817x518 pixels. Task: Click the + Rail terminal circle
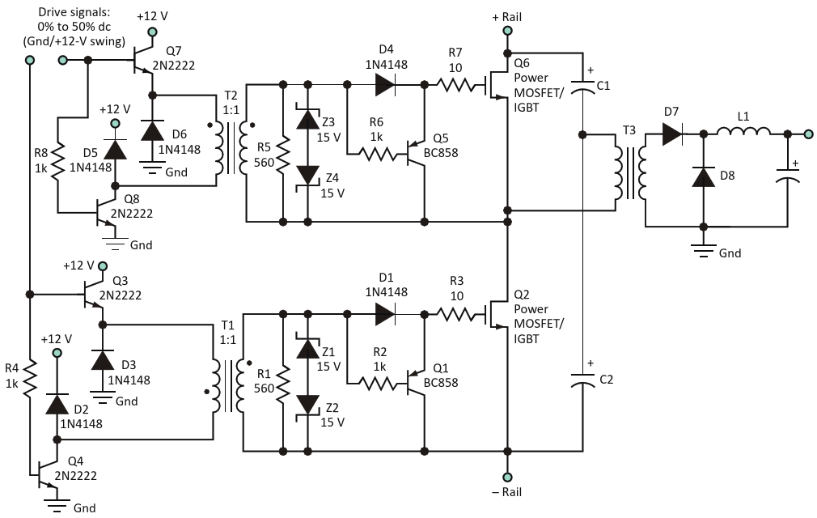click(x=507, y=31)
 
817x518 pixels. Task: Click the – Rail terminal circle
click(x=507, y=477)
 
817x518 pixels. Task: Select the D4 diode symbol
click(x=385, y=84)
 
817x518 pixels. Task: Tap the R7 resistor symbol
click(x=456, y=84)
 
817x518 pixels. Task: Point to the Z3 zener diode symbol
click(x=307, y=118)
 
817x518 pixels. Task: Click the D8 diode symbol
click(x=704, y=177)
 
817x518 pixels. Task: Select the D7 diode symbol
click(x=673, y=134)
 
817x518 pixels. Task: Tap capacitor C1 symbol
click(x=582, y=87)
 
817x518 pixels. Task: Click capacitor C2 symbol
click(x=582, y=380)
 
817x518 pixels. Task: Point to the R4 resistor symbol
click(x=30, y=376)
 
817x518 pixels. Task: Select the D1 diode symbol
click(x=385, y=314)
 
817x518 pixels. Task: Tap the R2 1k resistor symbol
click(x=377, y=384)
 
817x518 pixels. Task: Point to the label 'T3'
click(x=629, y=130)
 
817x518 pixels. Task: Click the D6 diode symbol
click(x=152, y=130)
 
